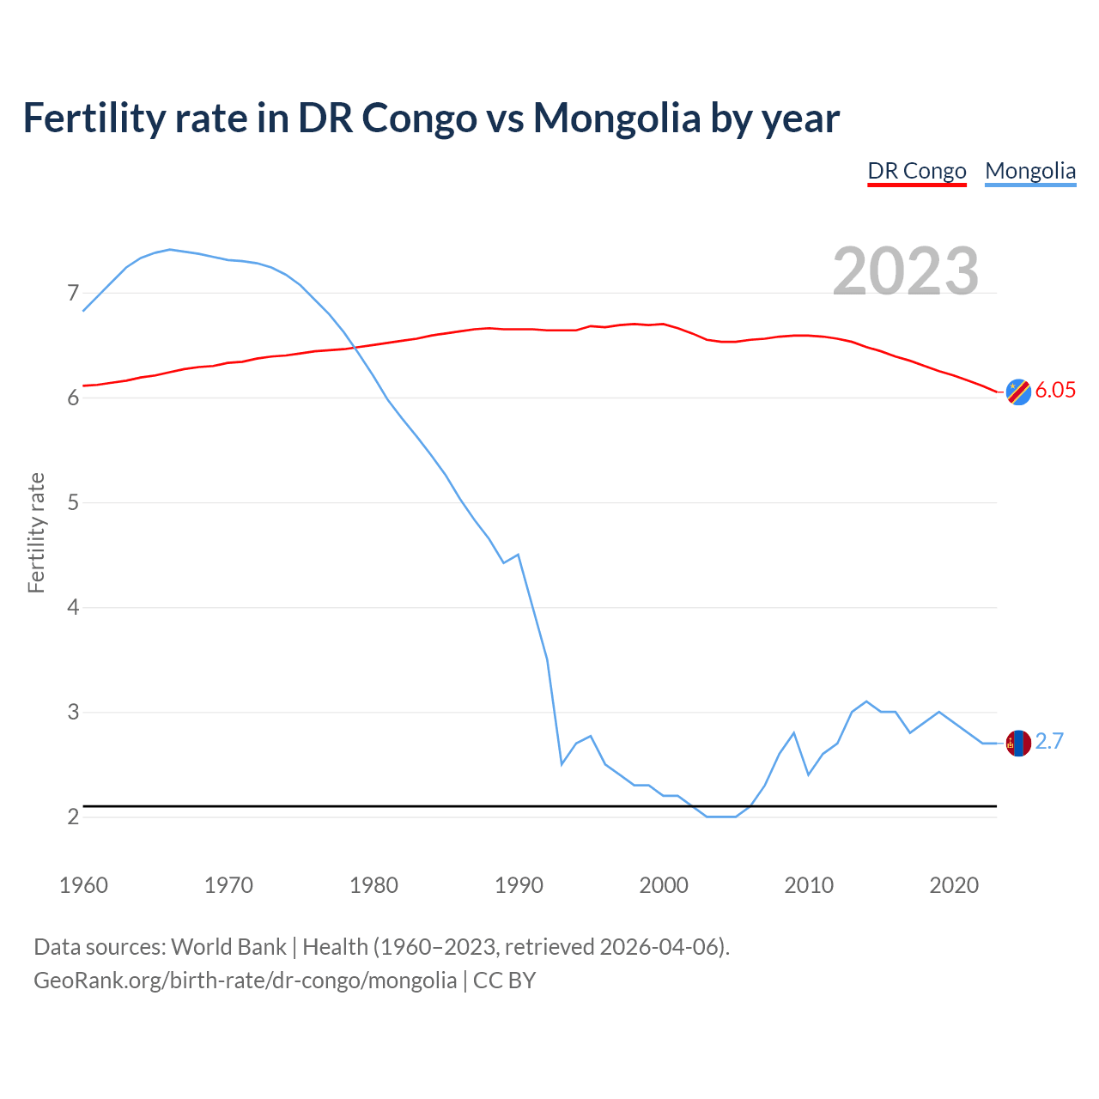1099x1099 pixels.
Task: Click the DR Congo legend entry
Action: coord(917,171)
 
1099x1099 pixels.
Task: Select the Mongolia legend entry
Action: coord(1030,171)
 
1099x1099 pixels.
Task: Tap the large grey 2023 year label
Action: coord(906,271)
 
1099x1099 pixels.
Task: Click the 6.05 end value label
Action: coord(1055,390)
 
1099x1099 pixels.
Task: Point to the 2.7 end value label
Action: coord(1049,741)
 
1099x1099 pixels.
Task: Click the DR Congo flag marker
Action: coord(1018,392)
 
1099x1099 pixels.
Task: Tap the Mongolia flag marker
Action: coord(1018,743)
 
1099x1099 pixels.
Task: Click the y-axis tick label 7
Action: coord(73,294)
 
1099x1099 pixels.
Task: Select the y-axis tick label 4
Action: coord(73,608)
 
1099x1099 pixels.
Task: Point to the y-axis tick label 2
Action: coord(73,817)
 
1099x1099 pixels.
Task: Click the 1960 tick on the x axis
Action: coord(83,885)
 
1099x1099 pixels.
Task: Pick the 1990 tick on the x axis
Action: coord(519,885)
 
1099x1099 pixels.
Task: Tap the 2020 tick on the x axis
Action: coord(954,885)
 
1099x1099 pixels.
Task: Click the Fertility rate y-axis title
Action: coord(36,532)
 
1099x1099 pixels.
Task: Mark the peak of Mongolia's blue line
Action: coord(170,249)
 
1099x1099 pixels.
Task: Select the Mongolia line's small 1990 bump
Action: coord(518,555)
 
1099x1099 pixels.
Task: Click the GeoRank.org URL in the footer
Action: coord(245,981)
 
